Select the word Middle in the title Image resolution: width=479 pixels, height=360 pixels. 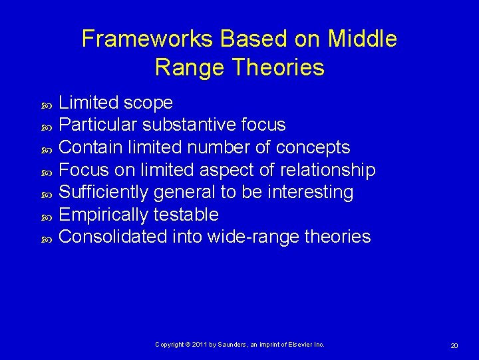pos(365,39)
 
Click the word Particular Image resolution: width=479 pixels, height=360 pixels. pos(98,125)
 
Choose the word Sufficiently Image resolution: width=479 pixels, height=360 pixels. pos(104,192)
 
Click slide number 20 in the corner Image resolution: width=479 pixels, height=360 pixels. pos(454,345)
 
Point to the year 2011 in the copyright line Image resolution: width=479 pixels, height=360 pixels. pos(204,344)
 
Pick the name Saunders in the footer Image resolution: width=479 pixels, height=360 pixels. pos(232,344)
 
